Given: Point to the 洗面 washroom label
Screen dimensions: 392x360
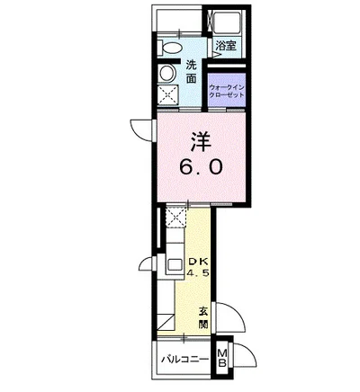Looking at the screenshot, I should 191,72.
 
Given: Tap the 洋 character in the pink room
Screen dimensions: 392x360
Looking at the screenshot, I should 199,140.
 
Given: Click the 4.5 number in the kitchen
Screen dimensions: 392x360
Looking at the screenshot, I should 199,274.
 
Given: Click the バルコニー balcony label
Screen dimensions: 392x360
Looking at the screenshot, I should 184,360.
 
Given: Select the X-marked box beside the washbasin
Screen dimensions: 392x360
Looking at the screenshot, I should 167,97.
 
